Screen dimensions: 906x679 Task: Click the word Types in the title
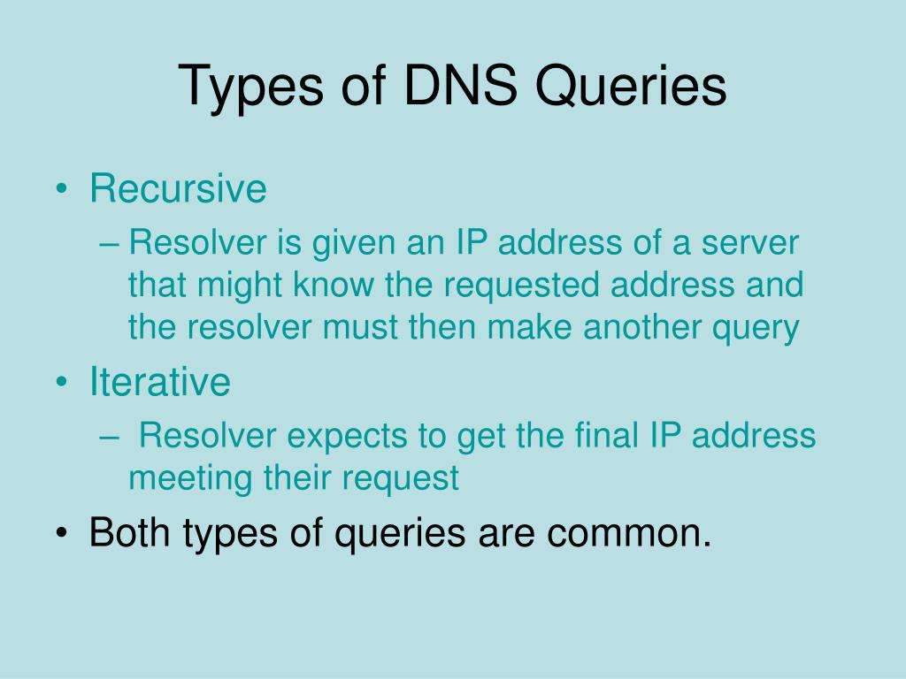pos(242,88)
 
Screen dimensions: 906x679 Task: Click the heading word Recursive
pos(178,188)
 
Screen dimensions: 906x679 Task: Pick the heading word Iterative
pos(160,382)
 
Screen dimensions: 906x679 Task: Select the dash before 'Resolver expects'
pos(113,436)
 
